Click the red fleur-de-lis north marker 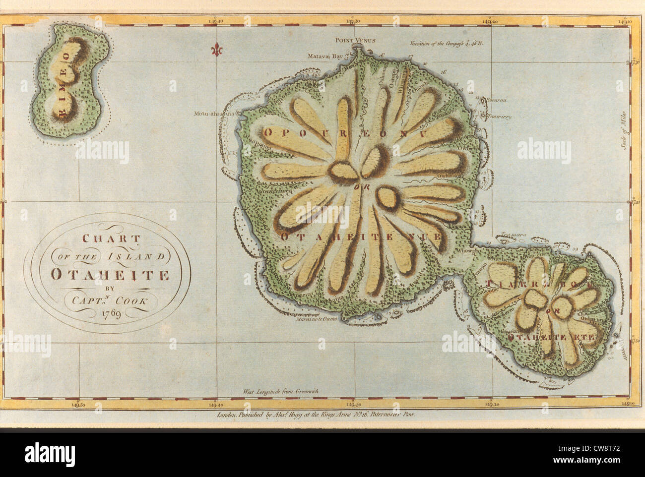216,50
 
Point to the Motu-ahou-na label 215,114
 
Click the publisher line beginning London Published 316,412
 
